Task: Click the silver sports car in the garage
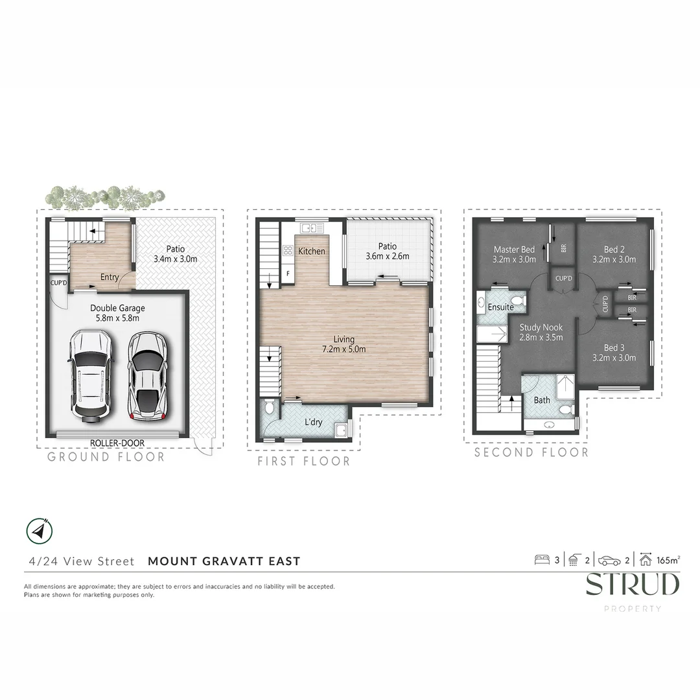[x=148, y=377]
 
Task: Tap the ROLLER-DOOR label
[x=117, y=443]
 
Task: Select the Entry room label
[x=109, y=277]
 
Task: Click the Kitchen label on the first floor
[x=312, y=251]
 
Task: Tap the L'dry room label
[x=314, y=423]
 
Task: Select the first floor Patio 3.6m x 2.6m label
[x=387, y=251]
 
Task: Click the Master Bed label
[x=514, y=254]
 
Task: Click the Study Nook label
[x=541, y=332]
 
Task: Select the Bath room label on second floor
[x=542, y=400]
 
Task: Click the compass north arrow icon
[x=40, y=531]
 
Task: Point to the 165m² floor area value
[x=668, y=561]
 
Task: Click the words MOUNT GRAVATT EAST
[x=224, y=561]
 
